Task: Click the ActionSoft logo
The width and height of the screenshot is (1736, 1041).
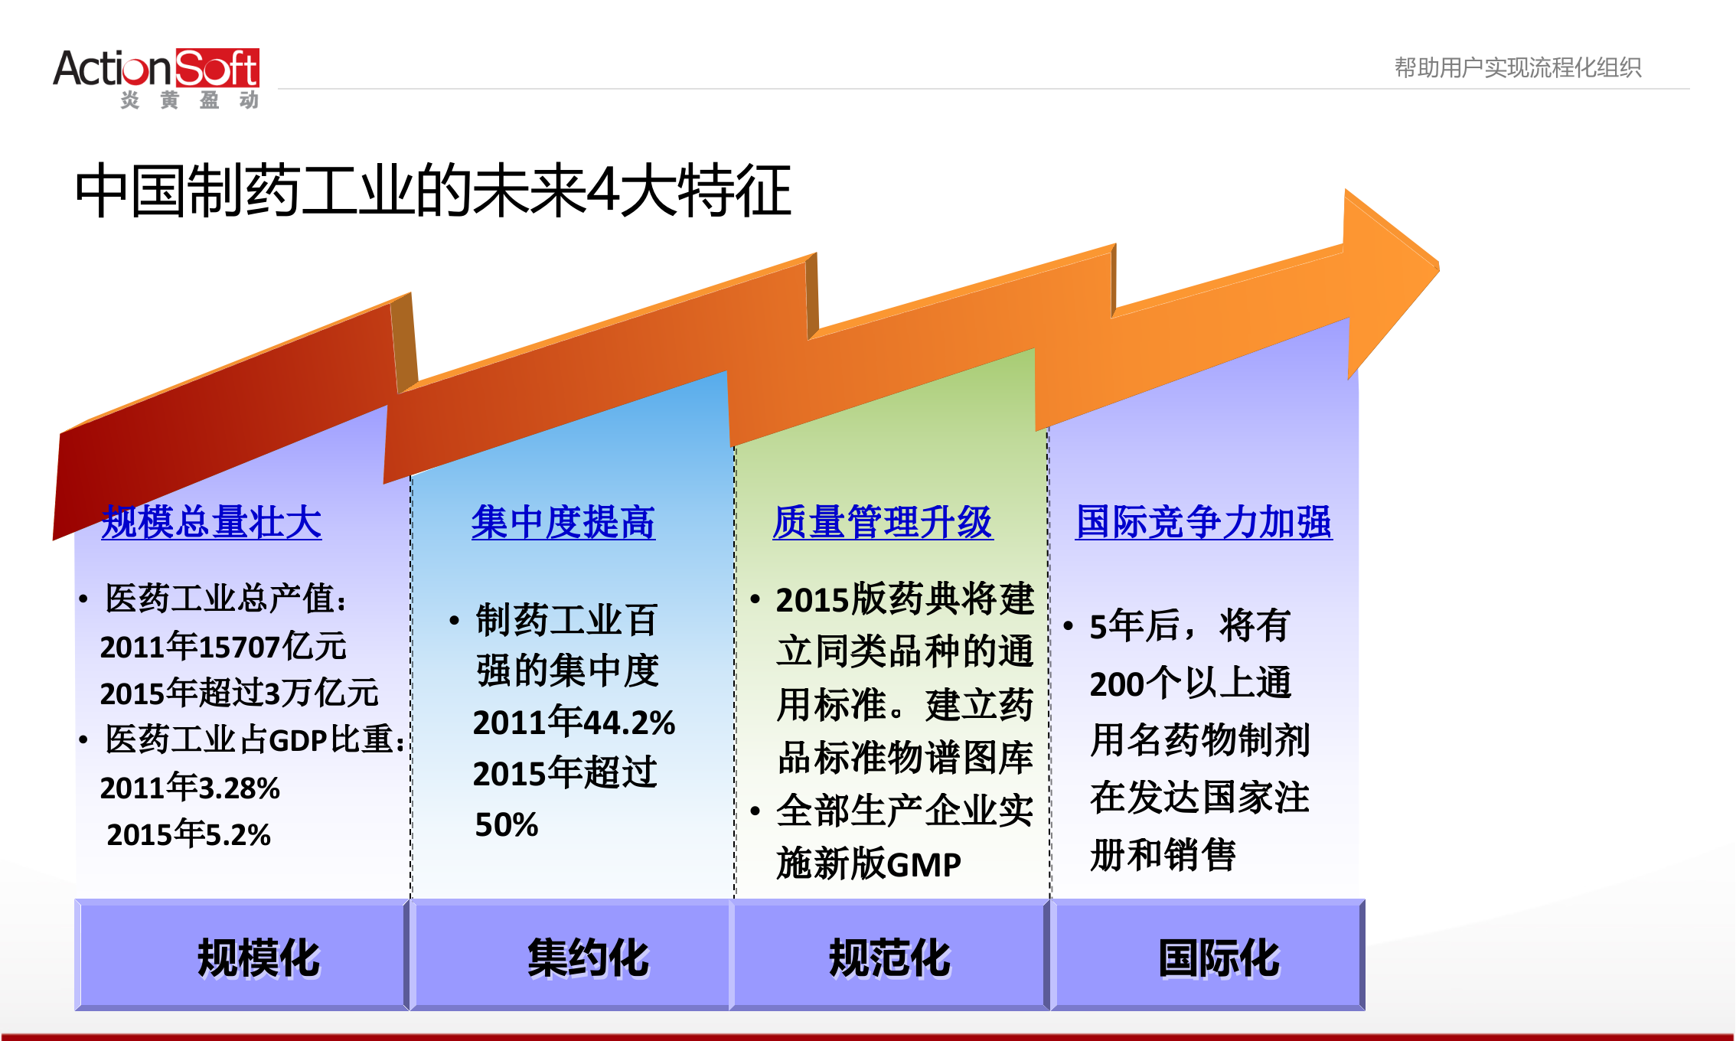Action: (x=156, y=77)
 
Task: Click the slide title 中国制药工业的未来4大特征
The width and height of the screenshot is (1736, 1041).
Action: (x=432, y=191)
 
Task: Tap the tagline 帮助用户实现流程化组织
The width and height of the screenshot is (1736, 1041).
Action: (x=1517, y=68)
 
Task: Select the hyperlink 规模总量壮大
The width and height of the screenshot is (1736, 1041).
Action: (x=211, y=523)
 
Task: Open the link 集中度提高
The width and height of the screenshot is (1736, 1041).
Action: (x=563, y=523)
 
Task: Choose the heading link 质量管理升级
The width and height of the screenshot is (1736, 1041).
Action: (x=883, y=523)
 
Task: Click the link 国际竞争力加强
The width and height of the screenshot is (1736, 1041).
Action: (x=1203, y=523)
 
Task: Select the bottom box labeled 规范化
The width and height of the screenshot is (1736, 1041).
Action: (x=889, y=956)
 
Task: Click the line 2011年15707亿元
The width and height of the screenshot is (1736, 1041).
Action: (x=223, y=647)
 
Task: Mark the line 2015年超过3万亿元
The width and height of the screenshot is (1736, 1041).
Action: (x=239, y=693)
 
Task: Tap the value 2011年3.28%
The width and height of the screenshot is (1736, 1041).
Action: (x=190, y=788)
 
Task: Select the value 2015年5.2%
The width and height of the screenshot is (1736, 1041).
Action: (x=188, y=834)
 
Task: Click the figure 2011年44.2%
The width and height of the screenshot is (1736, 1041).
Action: (x=573, y=722)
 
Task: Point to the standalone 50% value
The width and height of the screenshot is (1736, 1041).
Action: (x=506, y=824)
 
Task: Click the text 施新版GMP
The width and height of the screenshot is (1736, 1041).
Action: (x=868, y=864)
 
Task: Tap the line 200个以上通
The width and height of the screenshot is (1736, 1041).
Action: (x=1190, y=683)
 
